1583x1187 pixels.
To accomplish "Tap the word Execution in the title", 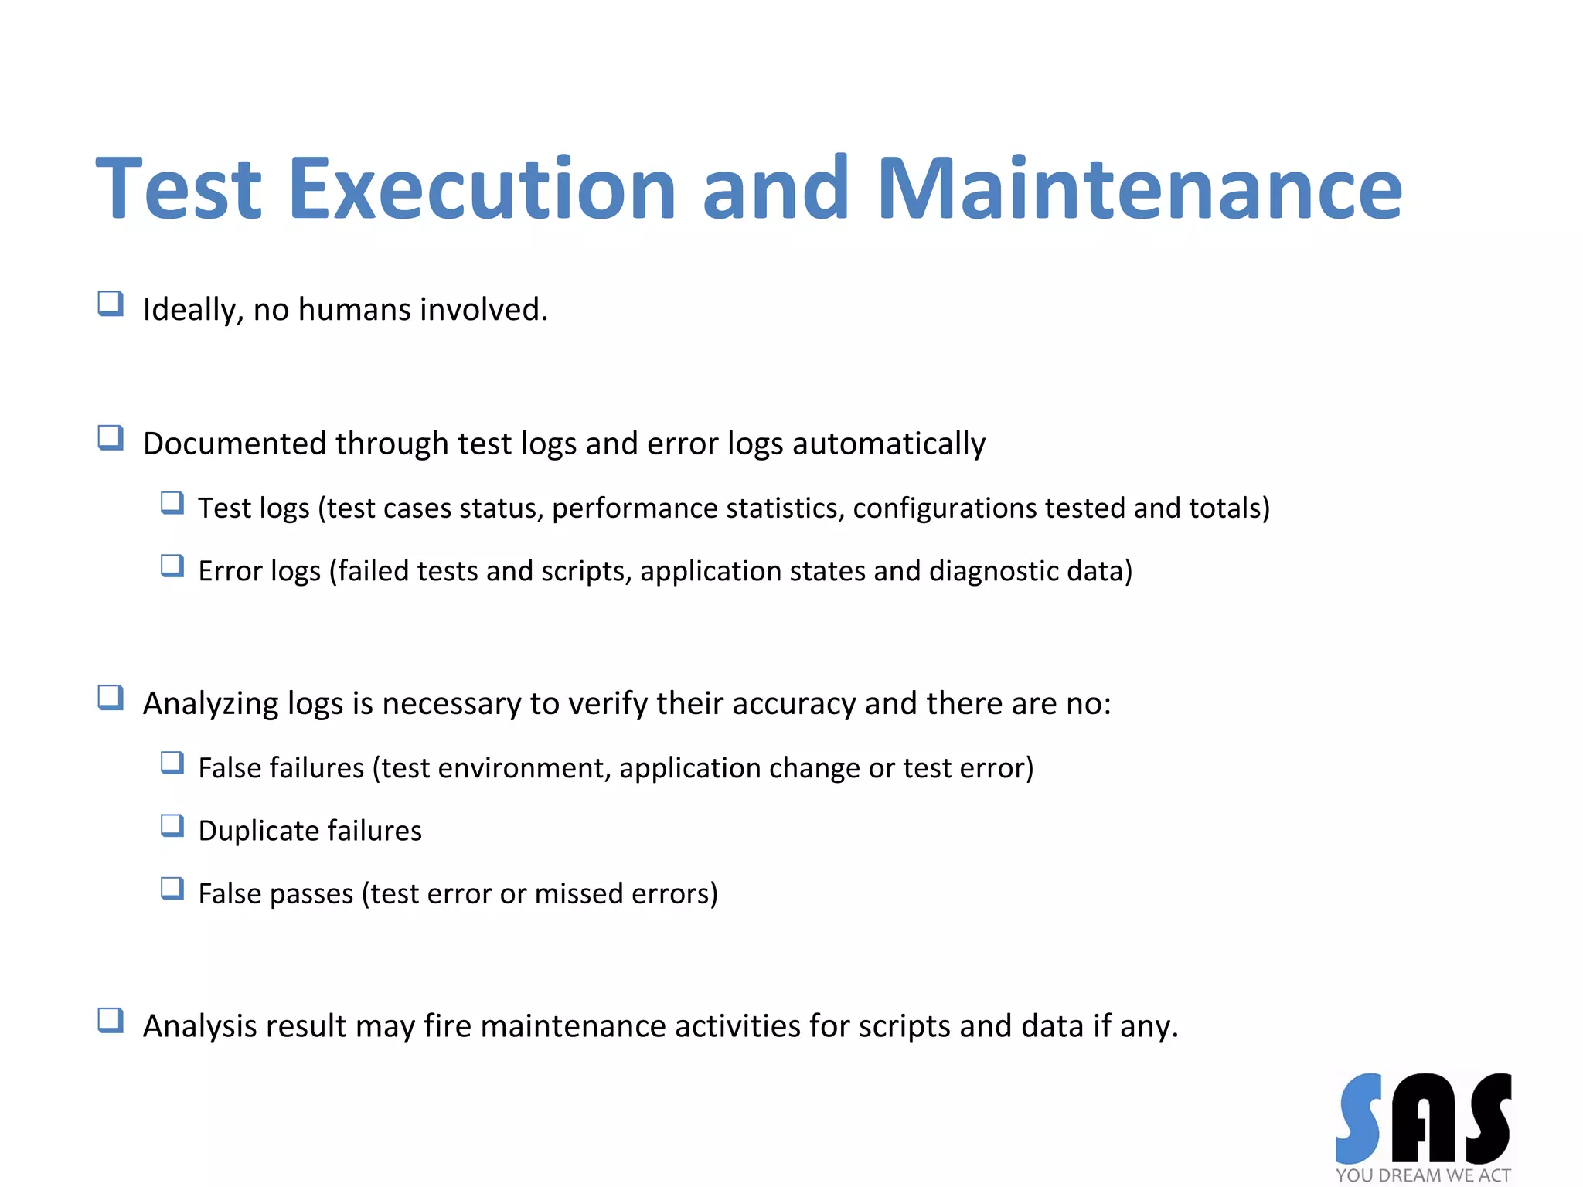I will tap(482, 189).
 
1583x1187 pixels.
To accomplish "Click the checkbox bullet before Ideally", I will tap(111, 304).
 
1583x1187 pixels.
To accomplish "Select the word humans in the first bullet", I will tap(355, 310).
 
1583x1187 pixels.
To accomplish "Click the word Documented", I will tap(233, 444).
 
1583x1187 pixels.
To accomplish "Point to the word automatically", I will tap(889, 444).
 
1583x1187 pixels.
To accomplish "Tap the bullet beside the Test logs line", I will tap(172, 504).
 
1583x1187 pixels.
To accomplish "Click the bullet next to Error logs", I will tap(172, 566).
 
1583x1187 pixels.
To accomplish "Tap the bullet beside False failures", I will tap(172, 764).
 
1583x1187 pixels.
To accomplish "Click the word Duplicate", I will tap(258, 831).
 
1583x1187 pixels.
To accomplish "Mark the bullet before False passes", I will tap(172, 889).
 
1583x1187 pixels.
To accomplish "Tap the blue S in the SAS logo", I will tap(1359, 1118).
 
